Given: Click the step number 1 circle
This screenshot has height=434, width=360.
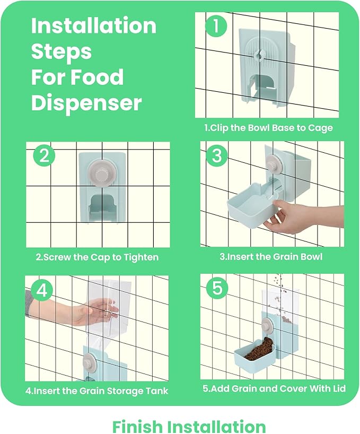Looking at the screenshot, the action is click(216, 26).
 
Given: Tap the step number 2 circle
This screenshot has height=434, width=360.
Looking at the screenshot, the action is click(44, 155).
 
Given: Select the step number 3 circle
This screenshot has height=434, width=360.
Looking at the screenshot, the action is click(217, 155).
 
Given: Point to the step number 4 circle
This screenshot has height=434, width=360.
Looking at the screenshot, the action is click(42, 290).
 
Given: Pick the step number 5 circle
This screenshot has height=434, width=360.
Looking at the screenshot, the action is click(217, 288).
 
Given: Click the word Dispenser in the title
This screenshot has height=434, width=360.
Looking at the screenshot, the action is click(86, 103).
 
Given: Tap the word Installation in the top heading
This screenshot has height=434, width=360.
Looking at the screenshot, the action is click(94, 25).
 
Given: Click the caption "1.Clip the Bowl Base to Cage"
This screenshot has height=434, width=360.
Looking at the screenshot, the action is click(268, 128).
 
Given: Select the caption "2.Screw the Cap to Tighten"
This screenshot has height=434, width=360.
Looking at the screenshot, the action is click(98, 257).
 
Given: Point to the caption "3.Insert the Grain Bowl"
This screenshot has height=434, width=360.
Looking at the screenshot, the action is click(271, 257).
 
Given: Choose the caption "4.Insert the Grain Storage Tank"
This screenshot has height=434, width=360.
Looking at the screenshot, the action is click(97, 391).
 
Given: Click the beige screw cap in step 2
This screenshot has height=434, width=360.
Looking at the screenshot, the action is click(99, 173).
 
